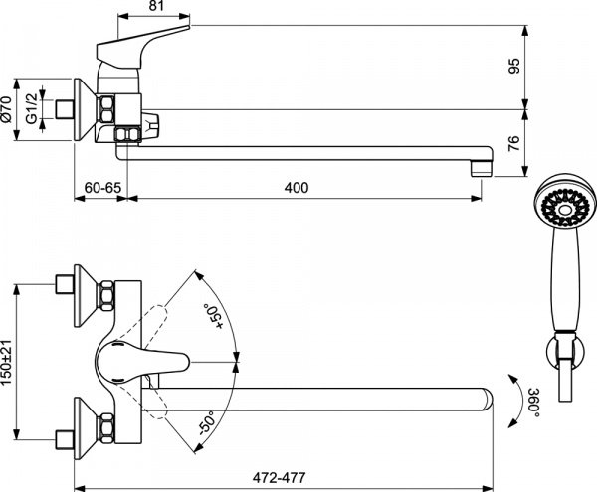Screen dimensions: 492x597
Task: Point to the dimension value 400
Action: tap(297, 188)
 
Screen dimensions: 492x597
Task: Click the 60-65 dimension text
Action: tap(102, 188)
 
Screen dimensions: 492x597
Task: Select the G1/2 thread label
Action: tap(37, 107)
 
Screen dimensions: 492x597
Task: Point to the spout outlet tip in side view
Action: tap(482, 163)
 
